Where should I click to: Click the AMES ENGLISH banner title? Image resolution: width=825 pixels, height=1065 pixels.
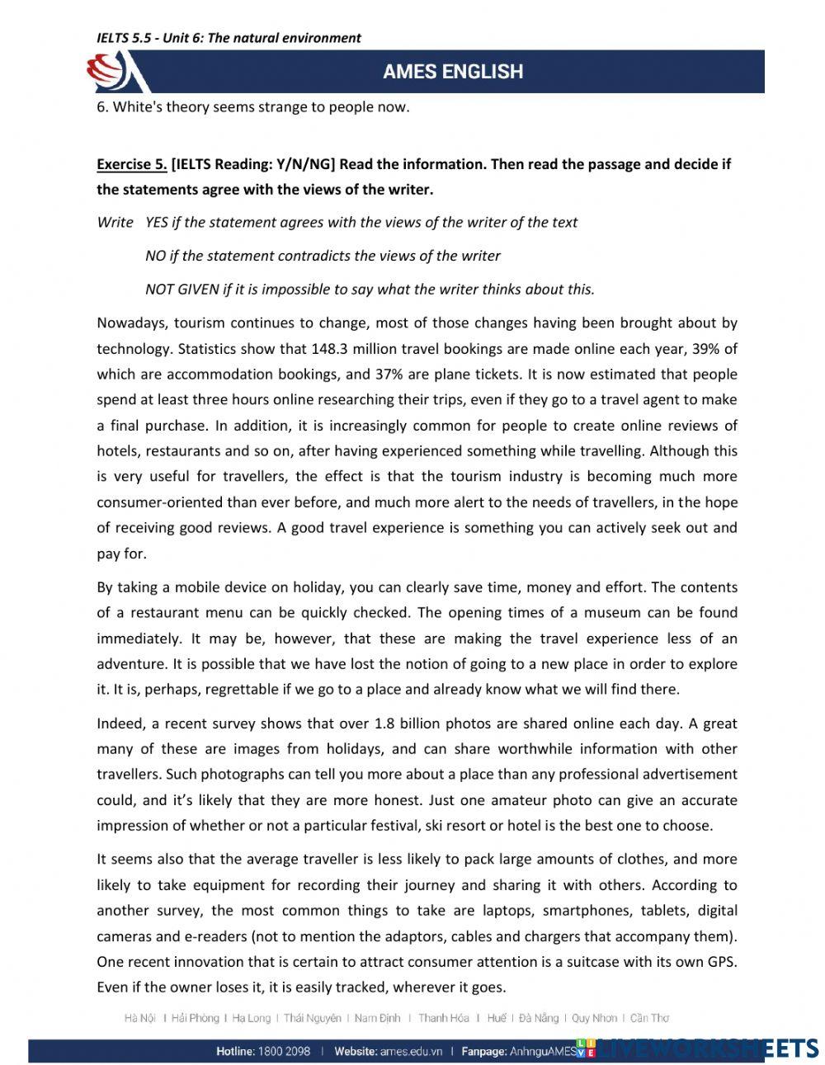[x=452, y=72]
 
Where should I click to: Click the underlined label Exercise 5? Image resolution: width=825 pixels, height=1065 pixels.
[x=132, y=164]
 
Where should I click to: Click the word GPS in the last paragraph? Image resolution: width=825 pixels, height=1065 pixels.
[x=724, y=961]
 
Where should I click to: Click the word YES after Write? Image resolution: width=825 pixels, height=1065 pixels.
[x=157, y=222]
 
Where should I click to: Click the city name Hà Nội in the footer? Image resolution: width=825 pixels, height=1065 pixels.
[x=139, y=1018]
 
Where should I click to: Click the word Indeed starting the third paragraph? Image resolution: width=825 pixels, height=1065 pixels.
[x=120, y=723]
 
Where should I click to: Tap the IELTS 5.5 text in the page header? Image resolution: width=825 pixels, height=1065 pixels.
[x=124, y=38]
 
